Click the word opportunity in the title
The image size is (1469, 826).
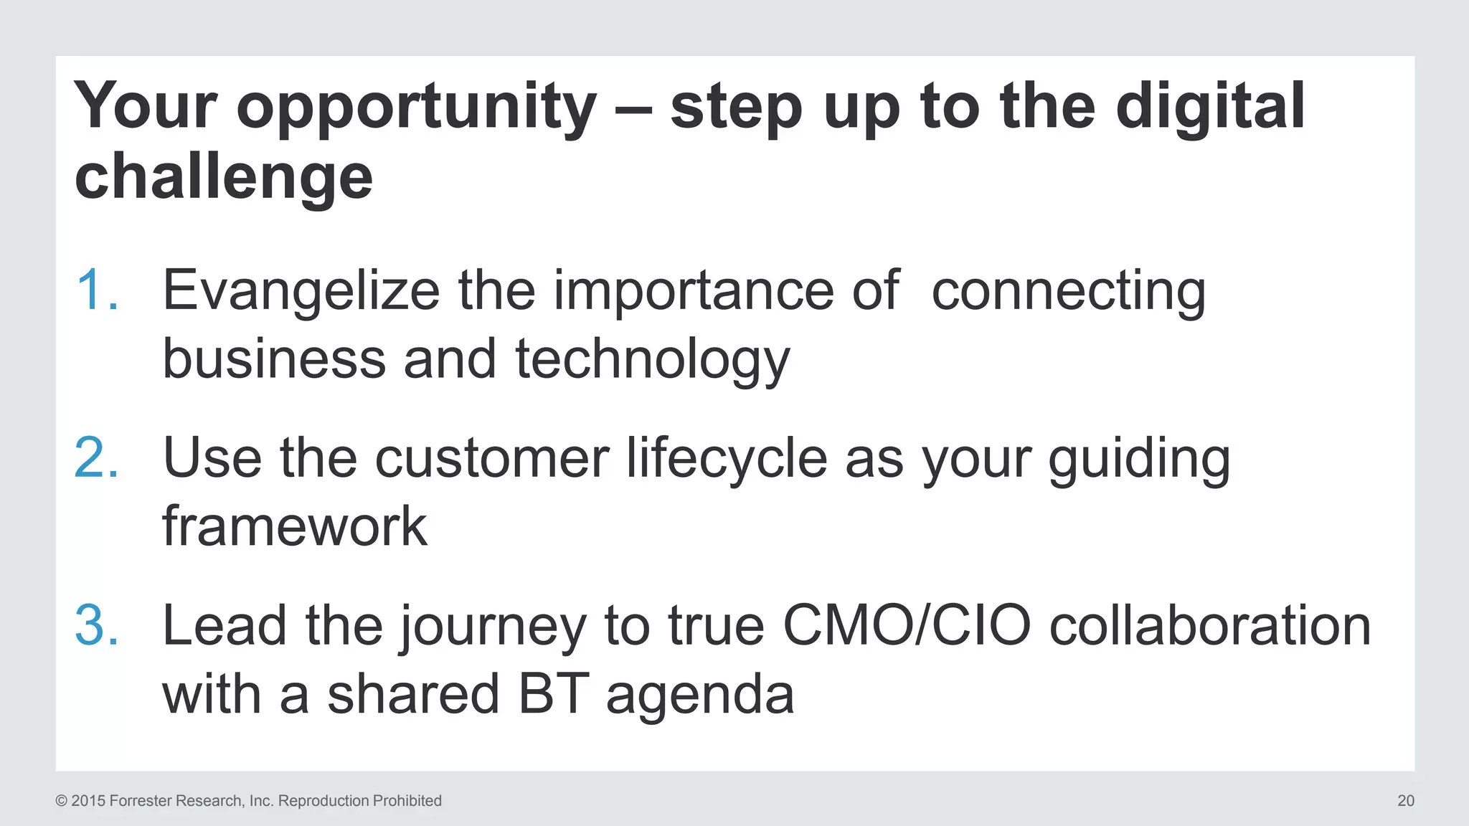(x=416, y=108)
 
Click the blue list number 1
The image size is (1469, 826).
(x=96, y=290)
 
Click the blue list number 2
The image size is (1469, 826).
(x=96, y=458)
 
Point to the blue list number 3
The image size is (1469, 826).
(x=96, y=626)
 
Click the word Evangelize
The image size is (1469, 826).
(x=301, y=290)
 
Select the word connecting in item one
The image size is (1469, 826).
(x=1068, y=290)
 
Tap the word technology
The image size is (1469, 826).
(x=652, y=359)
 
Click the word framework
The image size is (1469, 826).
(x=295, y=526)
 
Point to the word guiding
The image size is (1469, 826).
(x=1139, y=459)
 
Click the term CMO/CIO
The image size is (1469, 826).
(x=907, y=625)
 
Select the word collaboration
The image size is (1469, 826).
(x=1210, y=625)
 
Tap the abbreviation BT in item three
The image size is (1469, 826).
(x=553, y=694)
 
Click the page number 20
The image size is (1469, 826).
(x=1405, y=801)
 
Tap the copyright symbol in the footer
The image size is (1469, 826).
(x=62, y=801)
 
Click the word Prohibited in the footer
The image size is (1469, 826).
(x=407, y=801)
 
